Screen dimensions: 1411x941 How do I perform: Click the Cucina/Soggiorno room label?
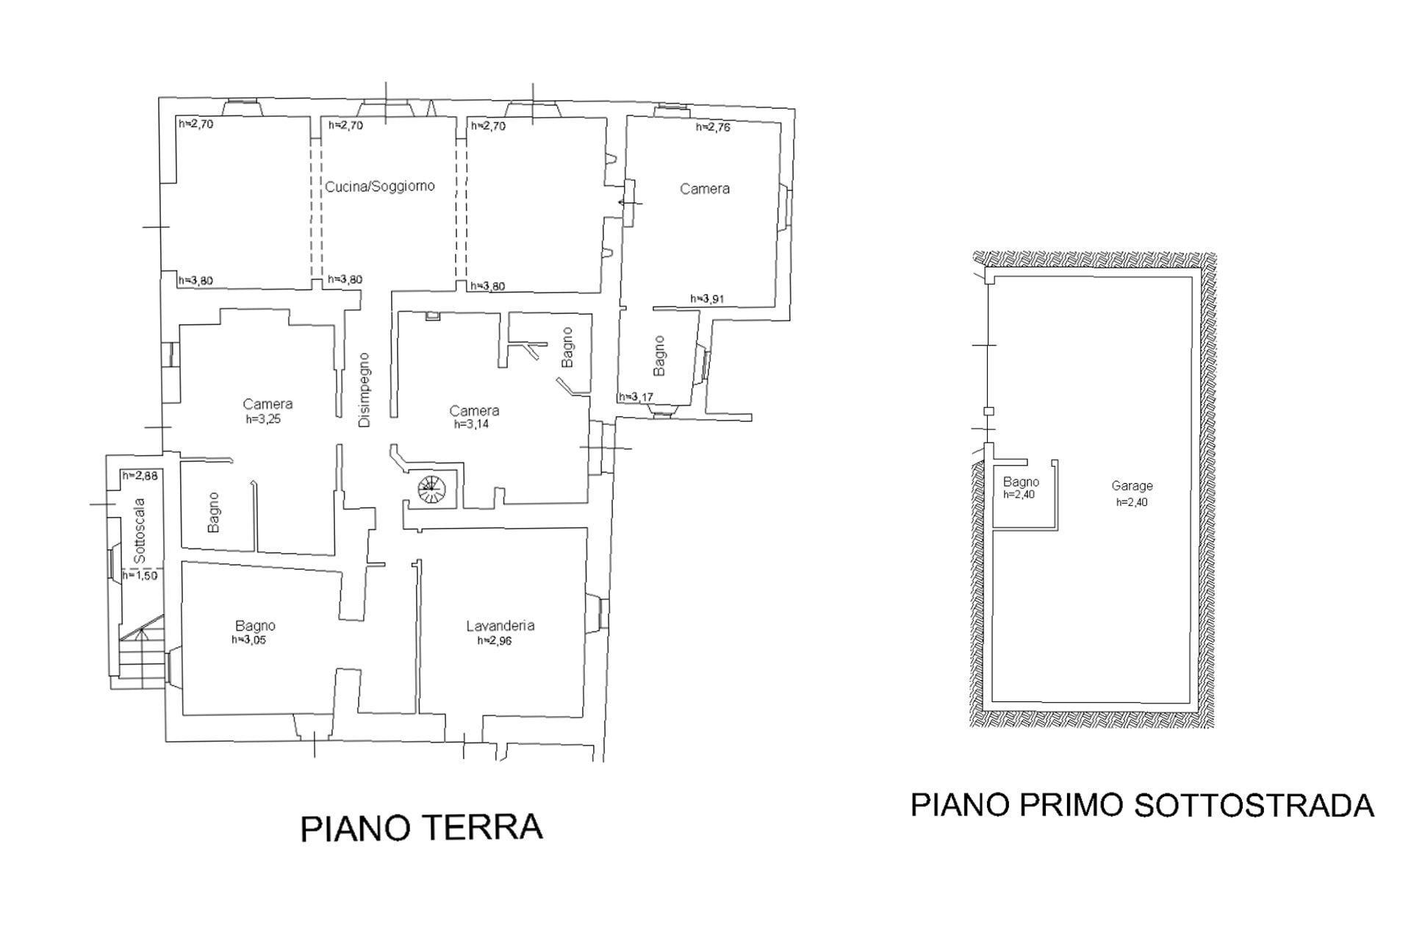pyautogui.click(x=380, y=187)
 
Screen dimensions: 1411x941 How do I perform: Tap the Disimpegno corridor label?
pyautogui.click(x=365, y=390)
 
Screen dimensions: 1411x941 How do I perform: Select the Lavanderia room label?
pyautogui.click(x=500, y=626)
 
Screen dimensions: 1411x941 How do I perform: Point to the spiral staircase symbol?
pyautogui.click(x=432, y=487)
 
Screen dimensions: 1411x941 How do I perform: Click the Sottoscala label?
pyautogui.click(x=140, y=531)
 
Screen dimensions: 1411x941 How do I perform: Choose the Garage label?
pyautogui.click(x=1132, y=487)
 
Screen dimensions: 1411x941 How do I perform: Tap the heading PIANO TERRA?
pyautogui.click(x=421, y=828)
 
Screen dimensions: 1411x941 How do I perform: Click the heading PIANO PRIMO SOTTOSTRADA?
pyautogui.click(x=1142, y=805)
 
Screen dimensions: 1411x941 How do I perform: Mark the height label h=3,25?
pyautogui.click(x=263, y=419)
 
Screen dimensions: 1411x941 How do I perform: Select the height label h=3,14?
pyautogui.click(x=471, y=424)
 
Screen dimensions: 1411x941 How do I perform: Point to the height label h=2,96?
pyautogui.click(x=494, y=640)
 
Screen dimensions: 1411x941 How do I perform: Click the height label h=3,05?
pyautogui.click(x=248, y=640)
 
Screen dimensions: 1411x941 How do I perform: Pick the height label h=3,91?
pyautogui.click(x=707, y=299)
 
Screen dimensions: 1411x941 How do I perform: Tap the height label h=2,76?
pyautogui.click(x=713, y=127)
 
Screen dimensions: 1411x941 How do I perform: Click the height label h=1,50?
pyautogui.click(x=140, y=576)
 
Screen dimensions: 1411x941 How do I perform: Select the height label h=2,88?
pyautogui.click(x=140, y=476)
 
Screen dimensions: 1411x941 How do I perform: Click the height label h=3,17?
pyautogui.click(x=636, y=398)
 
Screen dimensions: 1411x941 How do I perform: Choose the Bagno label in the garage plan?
pyautogui.click(x=1021, y=482)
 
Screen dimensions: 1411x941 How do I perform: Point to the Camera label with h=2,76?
pyautogui.click(x=705, y=189)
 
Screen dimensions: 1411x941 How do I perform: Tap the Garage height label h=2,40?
pyautogui.click(x=1132, y=503)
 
